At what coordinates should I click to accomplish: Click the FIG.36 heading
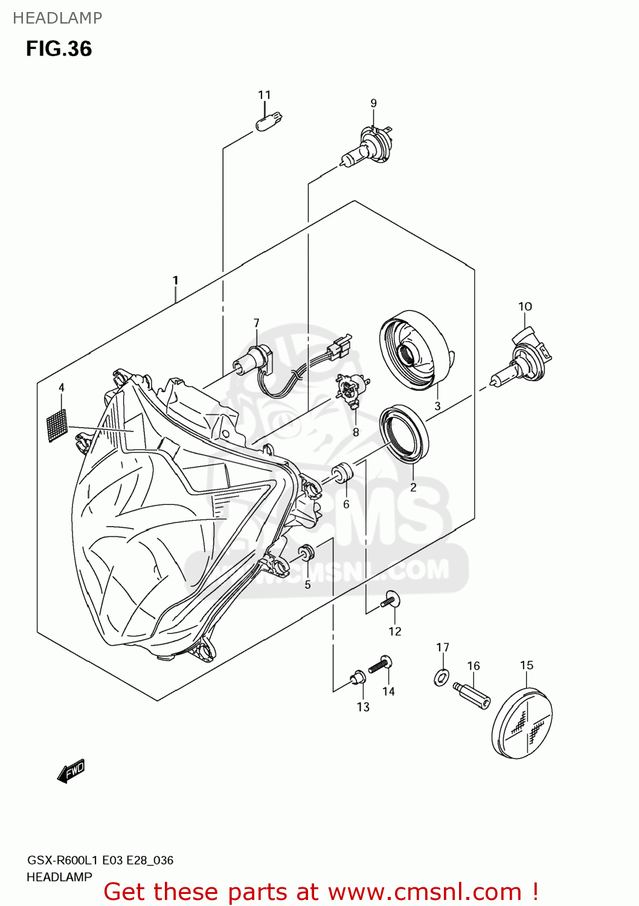point(59,49)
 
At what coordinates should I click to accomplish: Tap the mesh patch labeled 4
point(57,425)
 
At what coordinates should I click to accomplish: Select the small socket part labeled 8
point(351,388)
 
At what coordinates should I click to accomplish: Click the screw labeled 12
point(390,600)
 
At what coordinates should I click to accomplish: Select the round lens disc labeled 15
point(523,723)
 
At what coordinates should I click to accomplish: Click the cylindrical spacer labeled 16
point(473,695)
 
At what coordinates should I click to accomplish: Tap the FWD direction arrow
point(71,771)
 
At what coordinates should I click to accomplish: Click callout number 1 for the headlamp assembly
point(175,280)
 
